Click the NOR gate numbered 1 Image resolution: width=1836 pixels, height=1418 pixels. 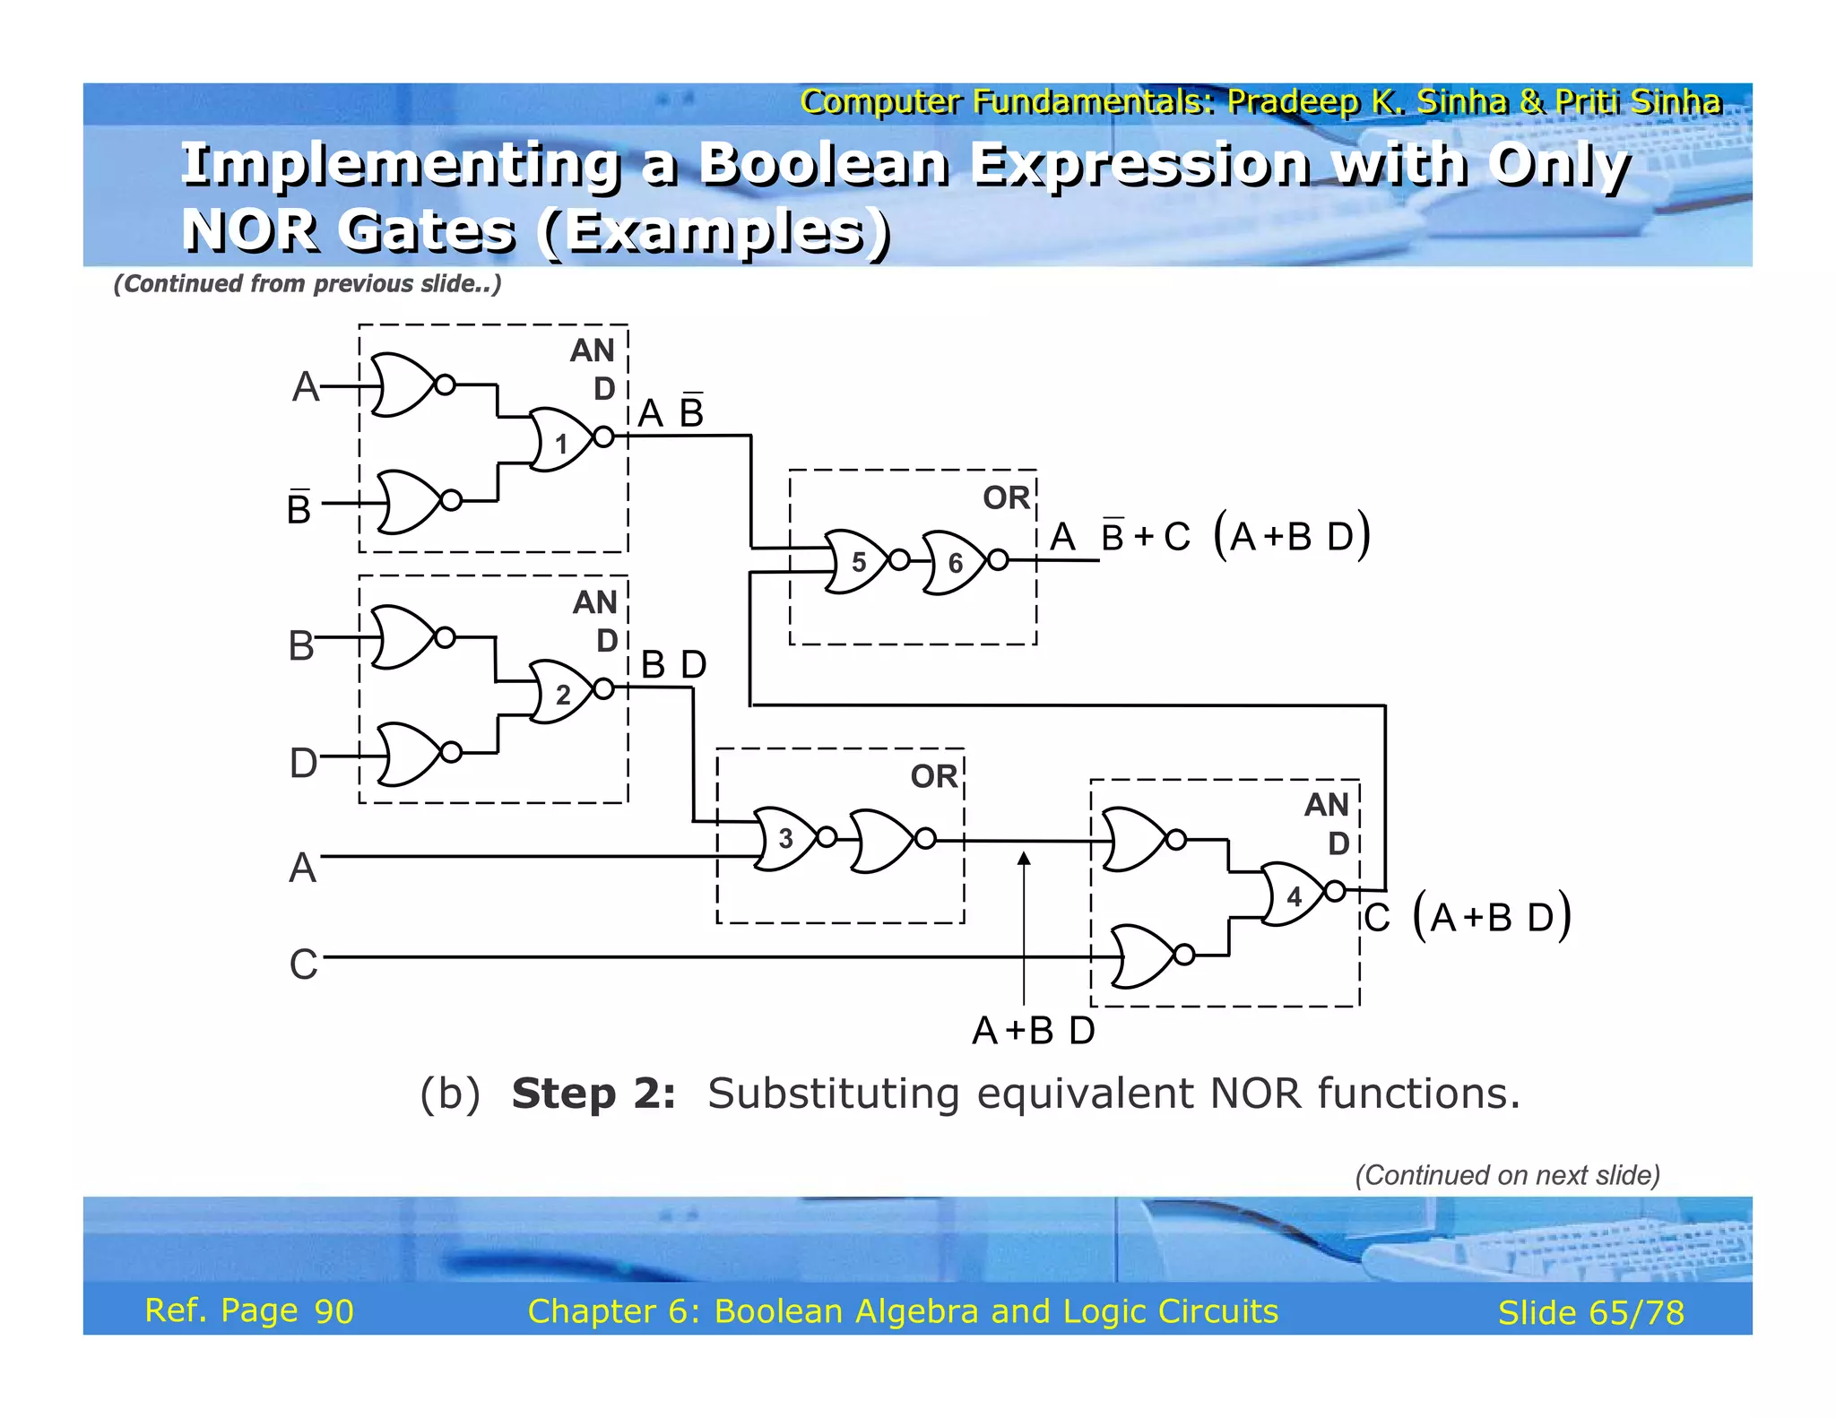pos(560,439)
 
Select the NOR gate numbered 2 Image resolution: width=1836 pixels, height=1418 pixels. pos(560,692)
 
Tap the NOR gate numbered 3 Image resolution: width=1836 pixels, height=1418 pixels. pos(785,838)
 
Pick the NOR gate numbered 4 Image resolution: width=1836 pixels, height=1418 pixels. pos(1292,894)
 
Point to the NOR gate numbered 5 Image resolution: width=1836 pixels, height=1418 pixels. pos(856,562)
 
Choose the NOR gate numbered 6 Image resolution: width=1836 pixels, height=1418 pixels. pos(954,562)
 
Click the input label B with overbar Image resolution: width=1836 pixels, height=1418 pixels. pos(299,507)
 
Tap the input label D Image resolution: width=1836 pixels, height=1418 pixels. pos(303,763)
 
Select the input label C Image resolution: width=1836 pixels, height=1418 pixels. pos(303,964)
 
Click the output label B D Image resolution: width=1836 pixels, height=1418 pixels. pos(674,665)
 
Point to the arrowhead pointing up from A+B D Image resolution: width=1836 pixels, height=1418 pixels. pos(1024,859)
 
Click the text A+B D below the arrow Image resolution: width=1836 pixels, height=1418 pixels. pos(1034,1031)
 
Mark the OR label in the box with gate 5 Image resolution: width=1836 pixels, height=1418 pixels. pos(1006,497)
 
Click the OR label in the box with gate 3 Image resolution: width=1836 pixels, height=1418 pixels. pos(933,776)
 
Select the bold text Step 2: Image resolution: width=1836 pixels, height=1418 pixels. pos(593,1094)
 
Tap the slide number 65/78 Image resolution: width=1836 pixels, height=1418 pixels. pos(1591,1312)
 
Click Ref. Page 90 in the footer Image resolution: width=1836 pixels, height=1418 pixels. pos(249,1310)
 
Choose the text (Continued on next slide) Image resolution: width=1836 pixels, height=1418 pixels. pos(1507,1175)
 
